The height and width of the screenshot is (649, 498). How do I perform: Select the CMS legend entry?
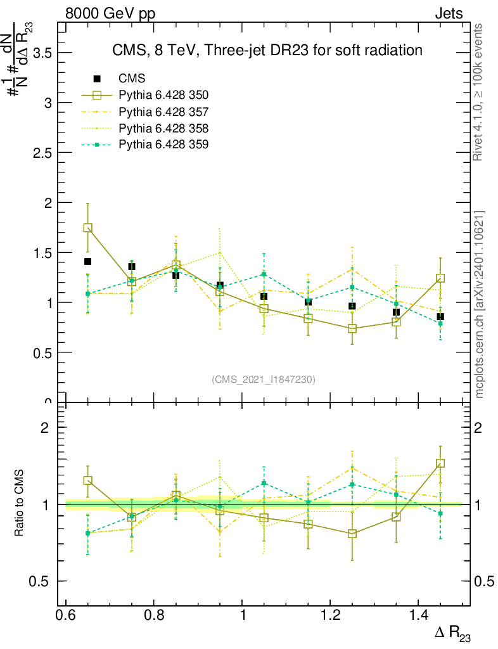(132, 79)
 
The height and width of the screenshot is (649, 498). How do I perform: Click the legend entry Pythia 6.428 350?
(163, 95)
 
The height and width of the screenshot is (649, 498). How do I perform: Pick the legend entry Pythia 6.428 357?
(163, 112)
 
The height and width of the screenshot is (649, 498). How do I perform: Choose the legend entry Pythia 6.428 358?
(163, 128)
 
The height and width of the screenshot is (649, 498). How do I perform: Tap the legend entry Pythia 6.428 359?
(163, 145)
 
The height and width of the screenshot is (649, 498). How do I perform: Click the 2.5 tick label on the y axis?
(42, 153)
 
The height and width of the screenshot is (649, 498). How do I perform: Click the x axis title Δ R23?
(452, 634)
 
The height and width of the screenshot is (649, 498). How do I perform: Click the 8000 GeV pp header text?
(110, 13)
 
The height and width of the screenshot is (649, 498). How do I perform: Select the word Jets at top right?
(448, 13)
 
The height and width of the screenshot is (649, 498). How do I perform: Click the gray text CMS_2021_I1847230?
(264, 379)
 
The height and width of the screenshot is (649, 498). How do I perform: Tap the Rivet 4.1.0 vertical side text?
(480, 92)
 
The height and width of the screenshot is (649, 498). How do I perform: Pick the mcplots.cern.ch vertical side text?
(480, 304)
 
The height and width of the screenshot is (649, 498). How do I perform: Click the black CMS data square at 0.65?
(87, 261)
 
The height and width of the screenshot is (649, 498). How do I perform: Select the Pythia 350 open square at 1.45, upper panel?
(440, 278)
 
